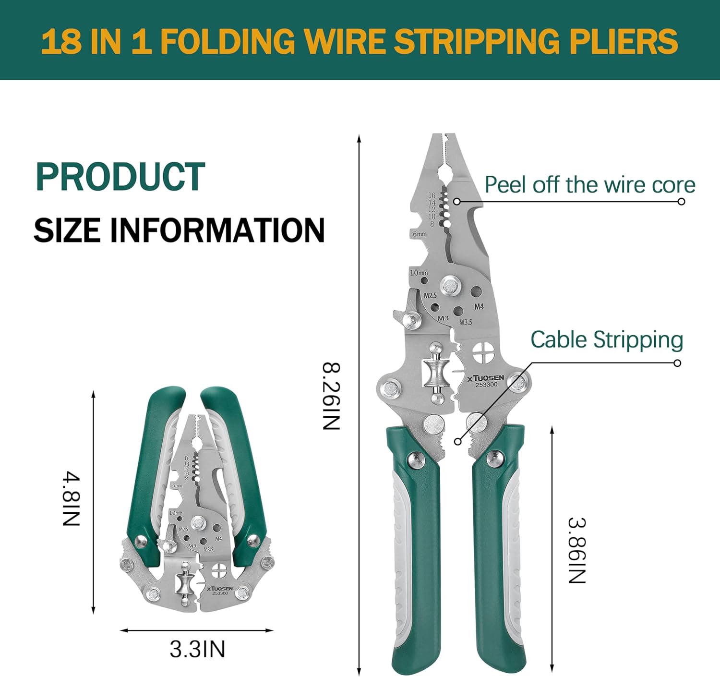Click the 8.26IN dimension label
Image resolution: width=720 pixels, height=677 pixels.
pyautogui.click(x=331, y=396)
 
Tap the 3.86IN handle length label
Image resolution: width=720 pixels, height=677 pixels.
pyautogui.click(x=576, y=550)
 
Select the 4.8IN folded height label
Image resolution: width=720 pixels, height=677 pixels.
pyautogui.click(x=71, y=499)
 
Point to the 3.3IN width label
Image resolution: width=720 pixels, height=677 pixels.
pyautogui.click(x=197, y=649)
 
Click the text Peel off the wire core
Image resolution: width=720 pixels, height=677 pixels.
pyautogui.click(x=589, y=185)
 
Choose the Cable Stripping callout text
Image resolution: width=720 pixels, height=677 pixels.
pyautogui.click(x=606, y=340)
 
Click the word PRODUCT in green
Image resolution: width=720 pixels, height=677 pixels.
pyautogui.click(x=120, y=177)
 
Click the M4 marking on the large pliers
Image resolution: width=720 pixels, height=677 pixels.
pyautogui.click(x=479, y=306)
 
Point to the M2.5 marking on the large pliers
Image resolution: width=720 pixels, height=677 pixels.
pyautogui.click(x=430, y=295)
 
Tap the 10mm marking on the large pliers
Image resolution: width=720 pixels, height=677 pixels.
pyautogui.click(x=419, y=273)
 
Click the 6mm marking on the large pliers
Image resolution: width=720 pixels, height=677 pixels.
pyautogui.click(x=420, y=234)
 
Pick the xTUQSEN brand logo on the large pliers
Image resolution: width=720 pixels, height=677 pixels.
pyautogui.click(x=486, y=378)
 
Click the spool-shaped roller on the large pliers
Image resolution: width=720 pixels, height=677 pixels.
pyautogui.click(x=436, y=373)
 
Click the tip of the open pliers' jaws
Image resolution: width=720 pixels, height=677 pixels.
pyautogui.click(x=443, y=137)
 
